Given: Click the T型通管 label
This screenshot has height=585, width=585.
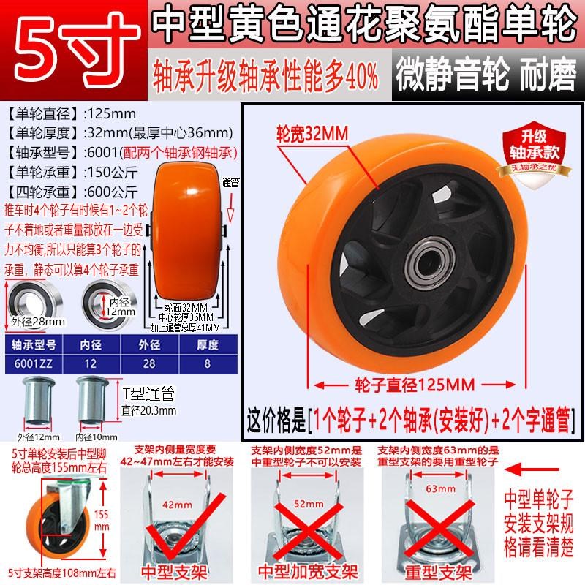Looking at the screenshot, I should (x=147, y=395).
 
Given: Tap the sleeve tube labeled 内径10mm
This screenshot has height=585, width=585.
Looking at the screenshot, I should (x=91, y=399).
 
